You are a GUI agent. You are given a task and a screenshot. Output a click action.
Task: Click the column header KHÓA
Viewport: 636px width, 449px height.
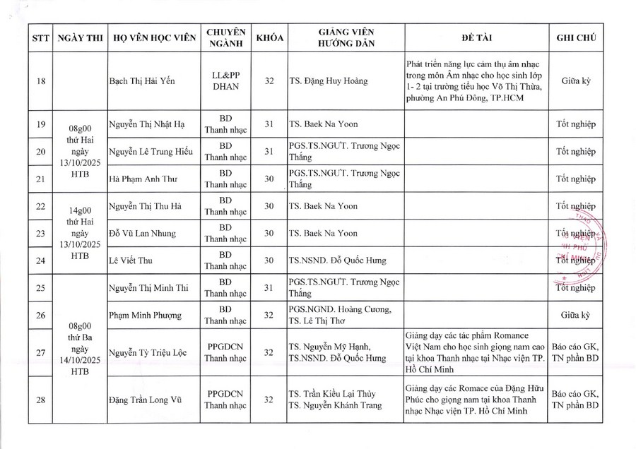pos(269,37)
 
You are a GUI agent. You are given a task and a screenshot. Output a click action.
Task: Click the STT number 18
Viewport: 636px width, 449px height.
pos(40,81)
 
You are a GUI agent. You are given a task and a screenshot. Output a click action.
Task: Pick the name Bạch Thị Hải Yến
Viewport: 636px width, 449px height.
pos(142,81)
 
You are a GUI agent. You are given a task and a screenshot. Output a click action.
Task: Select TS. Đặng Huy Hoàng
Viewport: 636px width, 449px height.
pos(328,81)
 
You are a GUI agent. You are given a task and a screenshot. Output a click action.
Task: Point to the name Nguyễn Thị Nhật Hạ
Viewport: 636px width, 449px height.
pos(147,124)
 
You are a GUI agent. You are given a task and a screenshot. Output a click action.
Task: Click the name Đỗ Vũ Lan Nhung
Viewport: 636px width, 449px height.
pos(142,233)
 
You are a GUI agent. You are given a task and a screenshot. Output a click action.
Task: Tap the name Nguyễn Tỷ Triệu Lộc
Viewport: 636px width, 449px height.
pos(148,352)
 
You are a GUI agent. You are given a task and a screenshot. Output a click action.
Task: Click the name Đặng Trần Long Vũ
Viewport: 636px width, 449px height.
pos(146,400)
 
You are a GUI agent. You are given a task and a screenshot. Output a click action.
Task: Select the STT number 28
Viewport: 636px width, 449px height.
pos(40,400)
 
